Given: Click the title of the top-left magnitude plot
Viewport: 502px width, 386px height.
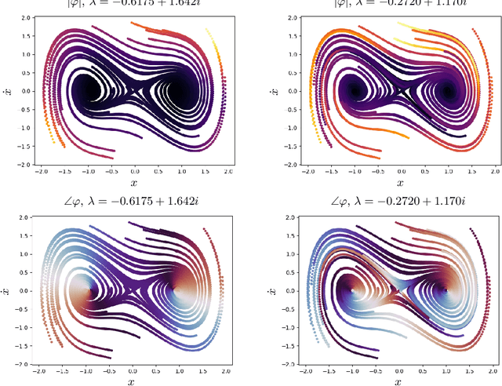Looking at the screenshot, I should coord(136,3).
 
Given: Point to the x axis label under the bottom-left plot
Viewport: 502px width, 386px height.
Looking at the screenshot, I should coord(135,380).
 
